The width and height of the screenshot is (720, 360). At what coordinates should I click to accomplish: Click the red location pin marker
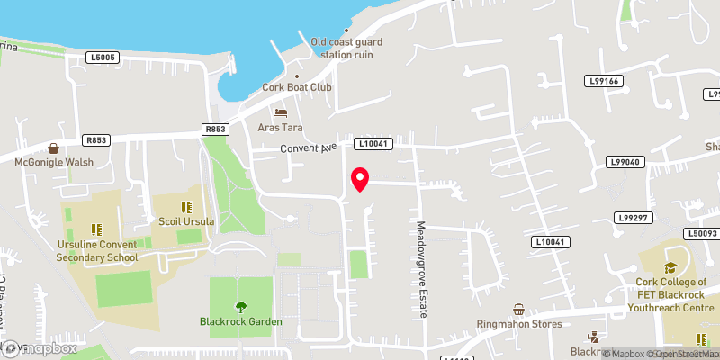point(360,179)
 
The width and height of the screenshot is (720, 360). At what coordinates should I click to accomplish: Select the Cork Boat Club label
point(297,87)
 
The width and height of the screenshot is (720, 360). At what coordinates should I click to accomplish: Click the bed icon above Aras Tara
point(281,113)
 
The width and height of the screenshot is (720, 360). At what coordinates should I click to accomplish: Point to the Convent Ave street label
point(307,148)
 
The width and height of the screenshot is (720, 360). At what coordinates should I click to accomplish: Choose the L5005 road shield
point(103,58)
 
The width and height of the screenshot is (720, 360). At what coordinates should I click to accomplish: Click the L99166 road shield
point(603,81)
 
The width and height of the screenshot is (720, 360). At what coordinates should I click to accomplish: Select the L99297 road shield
point(634,218)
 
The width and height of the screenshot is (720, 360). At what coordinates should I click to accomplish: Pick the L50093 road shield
point(699,234)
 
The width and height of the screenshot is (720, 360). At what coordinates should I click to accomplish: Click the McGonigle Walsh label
point(53,163)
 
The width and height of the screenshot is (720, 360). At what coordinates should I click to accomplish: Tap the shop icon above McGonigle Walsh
point(53,148)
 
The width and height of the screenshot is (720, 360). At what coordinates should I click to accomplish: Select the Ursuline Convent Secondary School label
point(97,250)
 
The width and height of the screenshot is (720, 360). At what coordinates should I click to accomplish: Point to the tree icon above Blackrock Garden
point(240,306)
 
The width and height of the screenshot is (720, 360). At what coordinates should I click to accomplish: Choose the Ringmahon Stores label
point(519,324)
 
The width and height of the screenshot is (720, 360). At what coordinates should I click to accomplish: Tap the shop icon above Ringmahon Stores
point(518,309)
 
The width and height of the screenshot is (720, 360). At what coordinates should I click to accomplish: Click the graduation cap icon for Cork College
point(670,267)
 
